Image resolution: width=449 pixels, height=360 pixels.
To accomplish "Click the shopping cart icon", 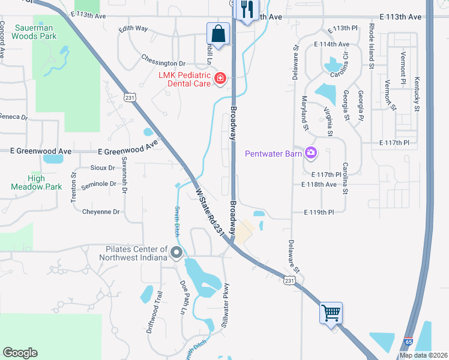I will [x=331, y=313].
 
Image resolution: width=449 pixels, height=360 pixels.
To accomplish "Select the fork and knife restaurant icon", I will [x=247, y=10].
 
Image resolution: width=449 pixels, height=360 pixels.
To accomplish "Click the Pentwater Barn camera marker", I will [x=310, y=154].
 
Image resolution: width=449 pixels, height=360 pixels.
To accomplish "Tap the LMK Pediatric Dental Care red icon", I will [x=220, y=79].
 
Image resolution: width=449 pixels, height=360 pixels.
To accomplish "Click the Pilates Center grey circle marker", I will [x=176, y=253].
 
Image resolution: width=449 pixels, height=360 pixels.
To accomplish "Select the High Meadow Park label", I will [x=36, y=182].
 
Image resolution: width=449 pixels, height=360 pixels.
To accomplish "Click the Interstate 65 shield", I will [x=408, y=341].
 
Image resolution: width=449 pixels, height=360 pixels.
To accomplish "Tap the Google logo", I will [x=20, y=352].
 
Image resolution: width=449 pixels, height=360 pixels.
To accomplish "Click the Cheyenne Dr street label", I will [x=101, y=212].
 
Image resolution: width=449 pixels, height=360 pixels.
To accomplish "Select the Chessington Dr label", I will [x=163, y=63].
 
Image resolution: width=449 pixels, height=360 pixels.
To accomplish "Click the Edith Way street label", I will [x=133, y=28].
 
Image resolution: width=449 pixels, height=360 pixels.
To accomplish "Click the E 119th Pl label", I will [x=319, y=212].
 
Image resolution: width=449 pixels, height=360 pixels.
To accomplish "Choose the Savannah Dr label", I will [x=124, y=175].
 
